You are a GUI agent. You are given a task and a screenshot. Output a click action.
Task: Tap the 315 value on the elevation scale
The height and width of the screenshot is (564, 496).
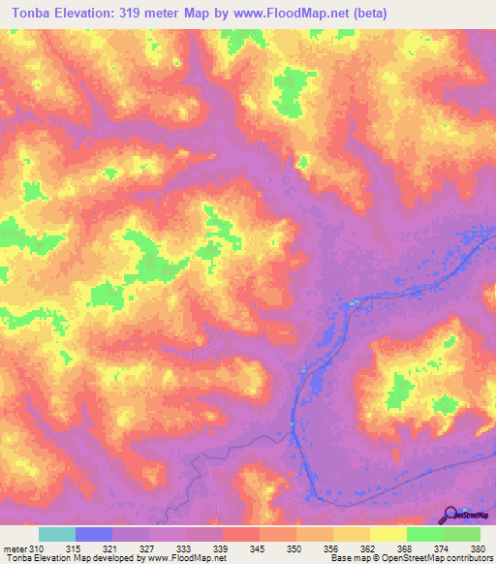tap(74, 549)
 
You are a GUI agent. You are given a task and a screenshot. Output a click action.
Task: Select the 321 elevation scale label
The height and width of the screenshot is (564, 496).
tap(111, 549)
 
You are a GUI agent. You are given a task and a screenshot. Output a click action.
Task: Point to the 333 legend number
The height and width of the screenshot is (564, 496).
tap(185, 549)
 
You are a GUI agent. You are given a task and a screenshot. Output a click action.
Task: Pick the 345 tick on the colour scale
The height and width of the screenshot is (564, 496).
tap(259, 549)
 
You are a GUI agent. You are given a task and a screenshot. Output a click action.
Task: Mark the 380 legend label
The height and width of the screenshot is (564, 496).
tap(477, 549)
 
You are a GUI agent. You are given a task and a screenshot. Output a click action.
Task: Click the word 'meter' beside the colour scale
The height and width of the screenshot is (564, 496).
tap(15, 549)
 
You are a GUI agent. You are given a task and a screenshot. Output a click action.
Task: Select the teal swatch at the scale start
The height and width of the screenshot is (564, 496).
tap(57, 534)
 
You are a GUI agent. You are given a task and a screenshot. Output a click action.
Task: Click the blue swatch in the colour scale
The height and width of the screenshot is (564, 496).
tap(94, 534)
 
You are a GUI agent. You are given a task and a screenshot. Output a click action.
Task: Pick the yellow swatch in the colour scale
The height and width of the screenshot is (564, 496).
tap(387, 534)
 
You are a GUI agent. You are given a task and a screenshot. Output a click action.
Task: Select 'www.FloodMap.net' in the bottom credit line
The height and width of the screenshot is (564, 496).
tap(187, 558)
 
